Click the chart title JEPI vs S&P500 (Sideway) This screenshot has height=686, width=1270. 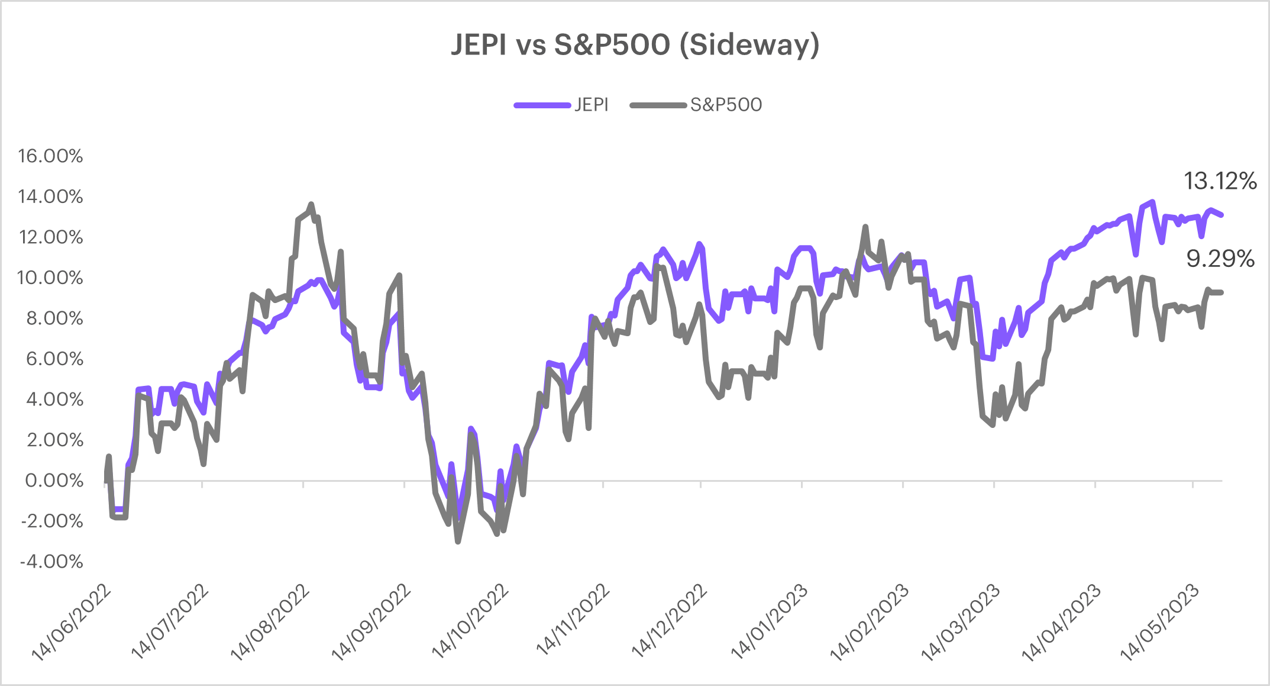[x=635, y=44]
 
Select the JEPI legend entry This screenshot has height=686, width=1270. [x=591, y=105]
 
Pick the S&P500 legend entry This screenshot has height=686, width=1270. [x=726, y=105]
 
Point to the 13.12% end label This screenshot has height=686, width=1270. [x=1220, y=181]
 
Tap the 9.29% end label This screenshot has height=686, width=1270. [x=1220, y=259]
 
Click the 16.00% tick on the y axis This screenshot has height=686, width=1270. [x=50, y=156]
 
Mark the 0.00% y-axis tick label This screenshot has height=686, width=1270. [x=54, y=481]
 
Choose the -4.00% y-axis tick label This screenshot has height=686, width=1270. [x=51, y=562]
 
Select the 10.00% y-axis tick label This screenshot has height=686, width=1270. [x=50, y=278]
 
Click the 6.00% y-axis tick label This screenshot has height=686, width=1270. [x=54, y=359]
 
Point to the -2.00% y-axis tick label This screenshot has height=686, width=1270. [x=51, y=521]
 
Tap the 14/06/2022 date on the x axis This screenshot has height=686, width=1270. [x=71, y=622]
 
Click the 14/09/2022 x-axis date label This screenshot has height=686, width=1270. [x=371, y=622]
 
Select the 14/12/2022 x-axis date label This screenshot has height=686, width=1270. [x=669, y=622]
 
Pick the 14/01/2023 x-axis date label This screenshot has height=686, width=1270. [x=769, y=622]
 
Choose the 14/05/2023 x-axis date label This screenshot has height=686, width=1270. [x=1159, y=622]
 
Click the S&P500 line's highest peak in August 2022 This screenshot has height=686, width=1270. [x=311, y=204]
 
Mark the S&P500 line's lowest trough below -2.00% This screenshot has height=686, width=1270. [x=458, y=541]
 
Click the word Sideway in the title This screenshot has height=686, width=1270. [x=750, y=44]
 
